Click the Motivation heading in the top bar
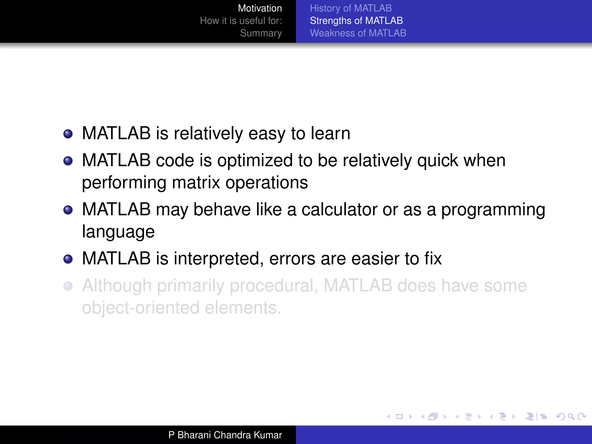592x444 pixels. [260, 8]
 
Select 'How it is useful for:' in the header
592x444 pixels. [241, 21]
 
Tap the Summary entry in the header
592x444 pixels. [261, 33]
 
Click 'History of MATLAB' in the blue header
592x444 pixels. [351, 8]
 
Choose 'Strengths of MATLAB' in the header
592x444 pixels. [356, 21]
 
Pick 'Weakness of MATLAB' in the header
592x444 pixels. [358, 33]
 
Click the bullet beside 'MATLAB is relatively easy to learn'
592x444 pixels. [68, 134]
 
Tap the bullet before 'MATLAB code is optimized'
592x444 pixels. [68, 161]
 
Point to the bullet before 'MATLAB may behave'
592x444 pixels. [68, 210]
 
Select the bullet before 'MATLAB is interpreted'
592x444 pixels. [68, 259]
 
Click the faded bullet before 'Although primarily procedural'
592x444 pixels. [68, 286]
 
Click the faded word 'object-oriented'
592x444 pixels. [140, 308]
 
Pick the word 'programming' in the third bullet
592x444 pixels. [493, 210]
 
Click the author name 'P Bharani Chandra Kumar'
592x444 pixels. [225, 435]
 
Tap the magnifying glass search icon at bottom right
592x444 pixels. [571, 417]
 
